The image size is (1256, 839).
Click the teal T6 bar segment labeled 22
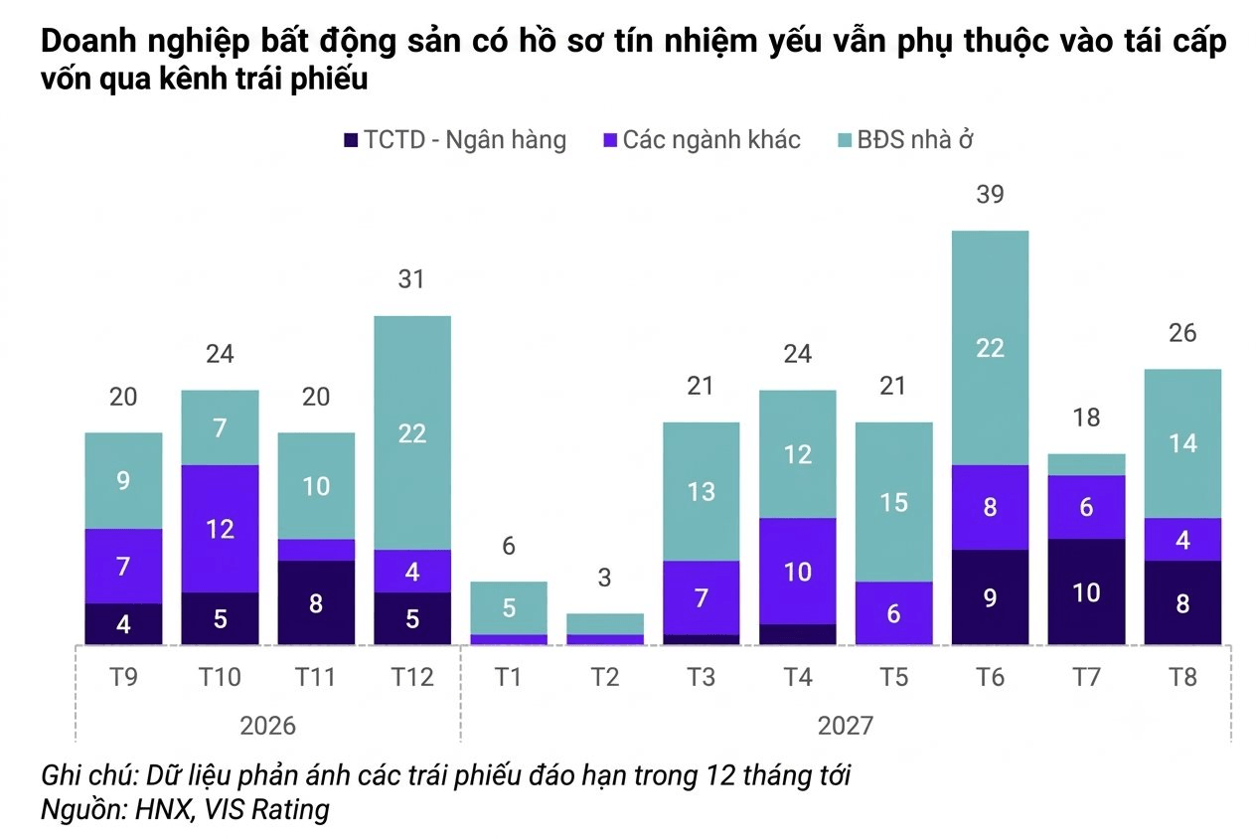click(x=991, y=348)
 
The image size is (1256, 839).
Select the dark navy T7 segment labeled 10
click(x=1087, y=591)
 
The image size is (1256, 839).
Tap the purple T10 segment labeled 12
click(x=220, y=529)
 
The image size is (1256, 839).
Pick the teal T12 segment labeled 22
click(x=412, y=432)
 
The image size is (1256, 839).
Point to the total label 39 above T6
click(x=991, y=194)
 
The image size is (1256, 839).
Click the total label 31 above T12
click(x=411, y=279)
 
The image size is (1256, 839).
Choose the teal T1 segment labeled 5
click(x=509, y=608)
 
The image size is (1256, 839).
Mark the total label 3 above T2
click(x=604, y=578)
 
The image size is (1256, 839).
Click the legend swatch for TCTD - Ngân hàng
click(x=351, y=139)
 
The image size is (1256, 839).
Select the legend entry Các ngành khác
click(x=702, y=139)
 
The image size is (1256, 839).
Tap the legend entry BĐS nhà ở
click(x=906, y=139)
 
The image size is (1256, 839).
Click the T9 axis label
click(x=123, y=677)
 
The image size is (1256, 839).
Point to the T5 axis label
click(x=893, y=677)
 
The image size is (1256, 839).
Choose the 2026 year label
click(x=268, y=726)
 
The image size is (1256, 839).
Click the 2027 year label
click(x=846, y=726)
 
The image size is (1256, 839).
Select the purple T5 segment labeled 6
click(x=893, y=613)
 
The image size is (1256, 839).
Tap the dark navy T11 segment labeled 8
click(x=316, y=602)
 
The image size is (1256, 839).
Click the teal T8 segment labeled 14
click(x=1183, y=443)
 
